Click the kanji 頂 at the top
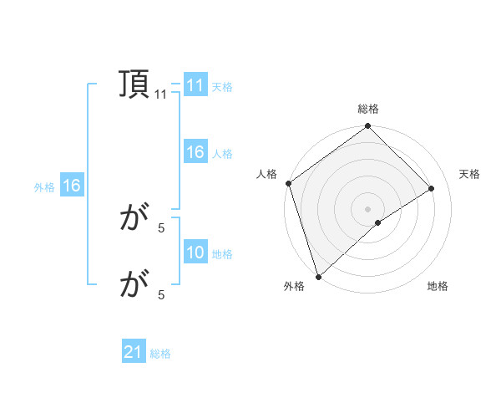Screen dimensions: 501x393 (x=134, y=84)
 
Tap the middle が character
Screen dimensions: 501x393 (x=134, y=219)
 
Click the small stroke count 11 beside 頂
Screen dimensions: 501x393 (x=161, y=94)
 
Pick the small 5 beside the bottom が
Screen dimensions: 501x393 (x=161, y=294)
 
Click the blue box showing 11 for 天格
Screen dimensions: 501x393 (x=195, y=85)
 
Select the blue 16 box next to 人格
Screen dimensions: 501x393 (x=195, y=152)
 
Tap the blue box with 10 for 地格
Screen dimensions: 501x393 (x=195, y=253)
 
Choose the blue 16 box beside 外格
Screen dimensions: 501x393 (x=72, y=186)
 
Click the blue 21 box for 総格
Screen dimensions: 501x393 (x=134, y=352)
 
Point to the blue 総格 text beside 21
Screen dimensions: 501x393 (x=161, y=354)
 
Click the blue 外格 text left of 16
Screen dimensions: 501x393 (x=44, y=187)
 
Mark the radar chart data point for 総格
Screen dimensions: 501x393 (x=367, y=127)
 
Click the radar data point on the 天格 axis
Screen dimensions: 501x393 (x=432, y=188)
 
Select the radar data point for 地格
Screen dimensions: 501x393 (x=378, y=222)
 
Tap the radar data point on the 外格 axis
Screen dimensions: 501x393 (x=318, y=276)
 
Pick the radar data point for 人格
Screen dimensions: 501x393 (x=288, y=183)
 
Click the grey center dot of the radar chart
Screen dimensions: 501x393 (x=367, y=208)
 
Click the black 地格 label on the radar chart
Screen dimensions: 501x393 (x=438, y=286)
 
